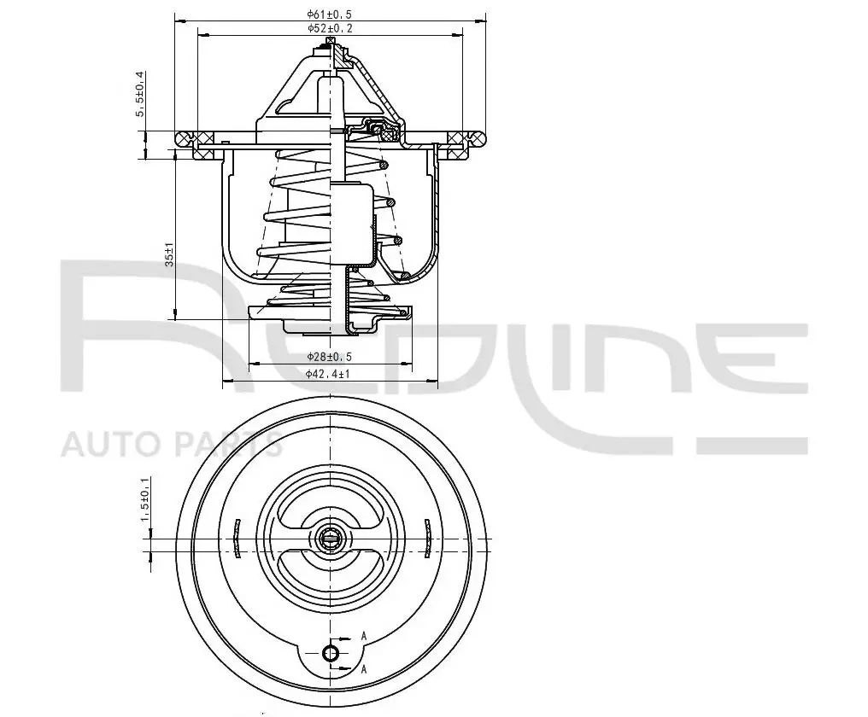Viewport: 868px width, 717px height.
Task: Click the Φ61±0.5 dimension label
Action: tap(330, 14)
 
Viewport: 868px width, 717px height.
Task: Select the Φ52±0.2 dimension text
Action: tap(330, 28)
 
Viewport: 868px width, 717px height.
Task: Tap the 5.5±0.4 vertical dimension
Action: tap(140, 94)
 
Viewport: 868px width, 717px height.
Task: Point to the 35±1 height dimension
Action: tap(170, 254)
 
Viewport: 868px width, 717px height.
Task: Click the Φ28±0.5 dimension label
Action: tap(330, 357)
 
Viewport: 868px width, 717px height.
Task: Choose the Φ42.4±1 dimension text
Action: tap(328, 374)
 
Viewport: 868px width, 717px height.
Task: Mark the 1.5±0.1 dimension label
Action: tap(145, 499)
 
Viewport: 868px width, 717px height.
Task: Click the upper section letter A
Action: tap(364, 636)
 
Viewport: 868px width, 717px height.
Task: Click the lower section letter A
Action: tap(364, 670)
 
